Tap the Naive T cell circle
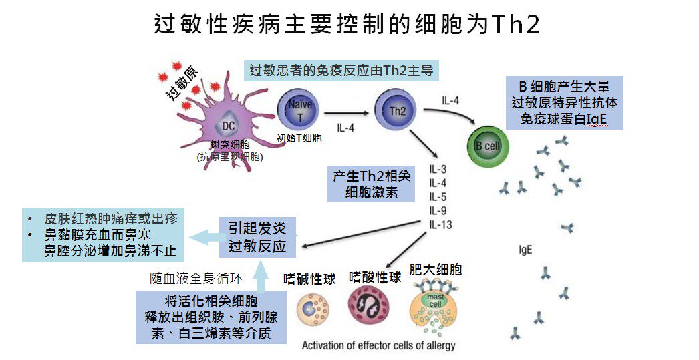point(299,110)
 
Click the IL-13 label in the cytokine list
point(440,224)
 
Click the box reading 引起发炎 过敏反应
point(257,238)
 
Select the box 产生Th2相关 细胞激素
point(372,184)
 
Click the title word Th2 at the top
point(515,25)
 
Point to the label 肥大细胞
point(435,271)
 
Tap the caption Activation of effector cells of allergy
point(378,345)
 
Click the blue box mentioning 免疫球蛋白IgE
point(564,104)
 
